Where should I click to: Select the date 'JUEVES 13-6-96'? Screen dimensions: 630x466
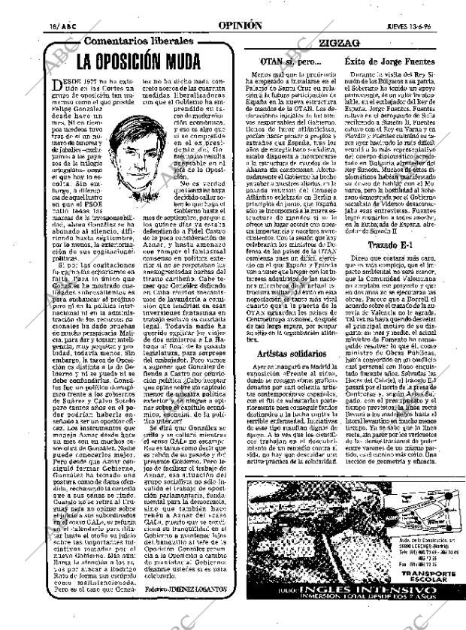point(409,25)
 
